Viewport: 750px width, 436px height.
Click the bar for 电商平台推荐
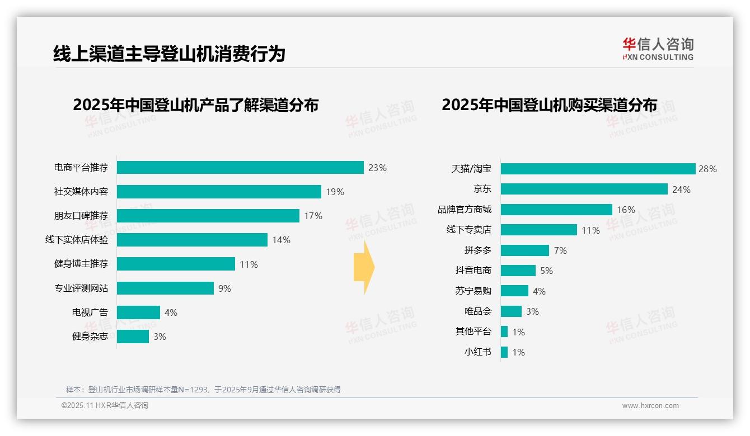[x=240, y=168]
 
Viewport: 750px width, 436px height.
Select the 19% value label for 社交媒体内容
[x=335, y=192]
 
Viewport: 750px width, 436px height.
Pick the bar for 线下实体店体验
[x=192, y=240]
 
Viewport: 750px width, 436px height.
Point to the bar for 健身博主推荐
[x=176, y=264]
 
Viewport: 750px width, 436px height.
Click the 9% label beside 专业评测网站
[x=224, y=288]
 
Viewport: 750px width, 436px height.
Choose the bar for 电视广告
[x=138, y=312]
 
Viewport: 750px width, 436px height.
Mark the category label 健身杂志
[x=90, y=337]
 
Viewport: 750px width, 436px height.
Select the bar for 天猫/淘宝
[x=598, y=169]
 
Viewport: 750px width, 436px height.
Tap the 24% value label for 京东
[x=681, y=189]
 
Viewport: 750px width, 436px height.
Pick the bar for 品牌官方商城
[x=556, y=210]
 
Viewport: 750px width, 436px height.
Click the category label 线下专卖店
[x=468, y=230]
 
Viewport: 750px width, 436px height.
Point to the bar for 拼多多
[x=524, y=250]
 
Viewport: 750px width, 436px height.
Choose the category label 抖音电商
[x=473, y=271]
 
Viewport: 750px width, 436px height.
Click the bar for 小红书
[x=504, y=352]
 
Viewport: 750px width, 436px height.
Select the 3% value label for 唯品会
[x=532, y=311]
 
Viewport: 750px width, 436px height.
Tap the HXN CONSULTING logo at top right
[x=658, y=49]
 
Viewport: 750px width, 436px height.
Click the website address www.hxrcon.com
[x=650, y=406]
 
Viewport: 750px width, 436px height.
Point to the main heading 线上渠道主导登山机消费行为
[x=169, y=54]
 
